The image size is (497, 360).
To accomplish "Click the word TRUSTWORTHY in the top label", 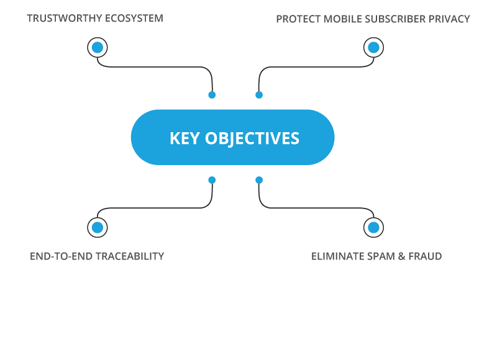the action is tap(65, 19).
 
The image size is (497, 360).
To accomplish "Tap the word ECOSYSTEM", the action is tap(134, 19).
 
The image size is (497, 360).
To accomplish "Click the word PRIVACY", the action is tap(449, 19).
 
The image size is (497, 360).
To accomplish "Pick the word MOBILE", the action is tap(343, 19).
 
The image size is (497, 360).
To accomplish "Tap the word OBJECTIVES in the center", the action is tap(252, 138).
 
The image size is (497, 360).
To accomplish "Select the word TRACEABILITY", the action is tap(130, 256).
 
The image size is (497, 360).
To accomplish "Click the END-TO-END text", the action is tap(62, 256).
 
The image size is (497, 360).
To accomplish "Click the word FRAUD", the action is tap(425, 256).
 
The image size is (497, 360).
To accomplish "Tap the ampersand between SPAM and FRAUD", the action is tap(402, 256).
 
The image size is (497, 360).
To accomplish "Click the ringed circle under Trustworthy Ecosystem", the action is tap(98, 48).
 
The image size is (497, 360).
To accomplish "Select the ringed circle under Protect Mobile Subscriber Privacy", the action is tap(374, 48).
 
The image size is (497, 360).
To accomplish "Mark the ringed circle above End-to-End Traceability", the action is tap(98, 227).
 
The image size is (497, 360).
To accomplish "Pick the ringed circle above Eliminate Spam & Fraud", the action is tap(374, 227).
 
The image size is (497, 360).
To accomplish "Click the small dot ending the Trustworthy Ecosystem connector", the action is tap(212, 95).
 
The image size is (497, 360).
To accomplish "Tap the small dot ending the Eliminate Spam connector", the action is tap(259, 180).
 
